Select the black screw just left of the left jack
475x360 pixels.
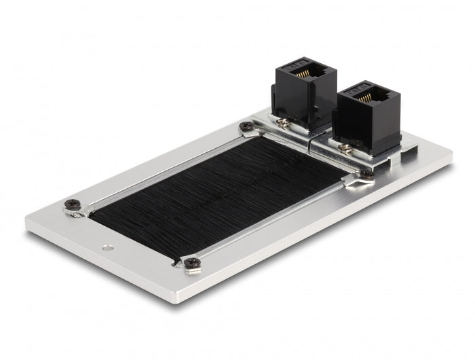click(x=246, y=126)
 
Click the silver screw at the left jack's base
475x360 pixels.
click(x=282, y=122)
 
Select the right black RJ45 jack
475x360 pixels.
click(x=368, y=115)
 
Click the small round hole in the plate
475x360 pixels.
click(x=107, y=247)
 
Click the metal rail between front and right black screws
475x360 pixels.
click(x=278, y=217)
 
